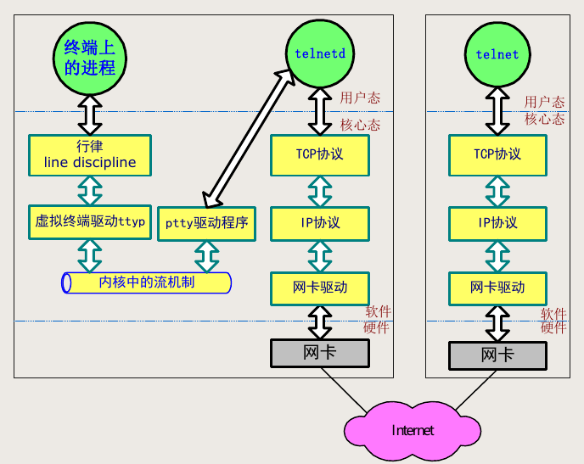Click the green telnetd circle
319,53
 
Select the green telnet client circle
497,53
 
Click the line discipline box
89,154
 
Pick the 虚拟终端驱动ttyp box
89,221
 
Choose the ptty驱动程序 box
206,223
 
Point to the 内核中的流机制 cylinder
146,282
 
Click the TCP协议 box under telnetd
319,154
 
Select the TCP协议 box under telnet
497,154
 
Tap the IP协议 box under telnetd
319,223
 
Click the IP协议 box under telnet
497,223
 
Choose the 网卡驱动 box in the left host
319,287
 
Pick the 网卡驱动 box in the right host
497,287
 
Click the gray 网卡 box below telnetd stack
319,352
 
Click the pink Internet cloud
412,429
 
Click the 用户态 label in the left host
360,98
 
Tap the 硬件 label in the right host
553,327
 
